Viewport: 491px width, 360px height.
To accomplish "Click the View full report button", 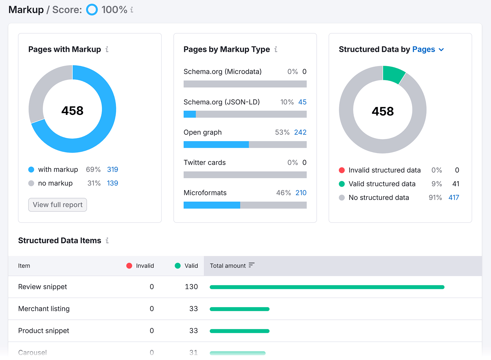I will pos(58,205).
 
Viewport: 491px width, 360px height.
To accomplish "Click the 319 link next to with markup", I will pos(112,170).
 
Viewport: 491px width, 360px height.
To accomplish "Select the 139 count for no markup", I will pos(112,183).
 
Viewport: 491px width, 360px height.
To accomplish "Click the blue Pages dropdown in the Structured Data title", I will pos(428,49).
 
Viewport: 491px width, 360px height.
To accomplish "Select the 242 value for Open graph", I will pos(300,132).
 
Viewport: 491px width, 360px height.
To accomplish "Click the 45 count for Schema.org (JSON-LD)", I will pos(302,102).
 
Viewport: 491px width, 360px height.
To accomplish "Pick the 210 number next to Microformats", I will pos(301,193).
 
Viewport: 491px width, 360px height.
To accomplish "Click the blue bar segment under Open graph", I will pos(216,145).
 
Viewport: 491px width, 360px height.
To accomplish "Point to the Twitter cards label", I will pos(205,163).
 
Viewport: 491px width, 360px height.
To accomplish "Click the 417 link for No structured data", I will pos(454,198).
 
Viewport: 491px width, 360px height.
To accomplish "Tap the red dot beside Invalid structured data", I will pos(342,170).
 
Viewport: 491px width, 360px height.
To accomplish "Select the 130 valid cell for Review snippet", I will pos(191,287).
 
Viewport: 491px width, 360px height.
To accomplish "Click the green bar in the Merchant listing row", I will pos(239,309).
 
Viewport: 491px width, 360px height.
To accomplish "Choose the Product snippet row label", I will pos(44,331).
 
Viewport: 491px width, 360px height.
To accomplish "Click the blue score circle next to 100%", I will pos(92,10).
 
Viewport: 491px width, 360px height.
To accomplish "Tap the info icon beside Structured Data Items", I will pos(107,241).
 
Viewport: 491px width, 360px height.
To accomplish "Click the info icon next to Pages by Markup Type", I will pos(276,49).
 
